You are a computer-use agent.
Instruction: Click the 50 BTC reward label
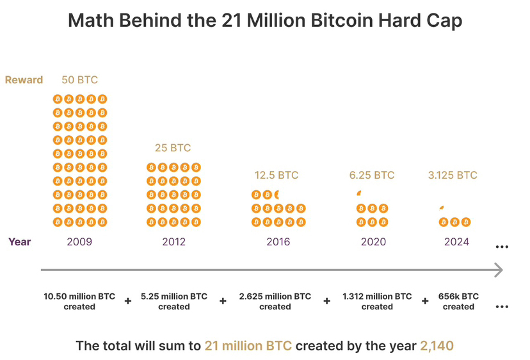[79, 80]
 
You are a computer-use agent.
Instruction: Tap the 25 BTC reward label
[173, 148]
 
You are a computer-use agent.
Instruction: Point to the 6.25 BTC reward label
[372, 175]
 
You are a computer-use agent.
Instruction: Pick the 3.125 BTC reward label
[453, 175]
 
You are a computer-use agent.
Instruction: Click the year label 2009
[79, 242]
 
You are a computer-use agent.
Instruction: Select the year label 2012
[173, 242]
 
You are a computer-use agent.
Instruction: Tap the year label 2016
[278, 242]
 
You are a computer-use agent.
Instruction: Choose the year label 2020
[373, 242]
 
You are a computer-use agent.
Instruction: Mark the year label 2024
[456, 242]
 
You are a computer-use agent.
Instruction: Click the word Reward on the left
[24, 80]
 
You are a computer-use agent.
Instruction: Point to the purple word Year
[20, 242]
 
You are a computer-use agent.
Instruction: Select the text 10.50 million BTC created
[79, 302]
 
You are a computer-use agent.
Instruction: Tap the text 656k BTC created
[458, 302]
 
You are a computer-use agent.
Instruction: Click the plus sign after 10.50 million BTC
[128, 300]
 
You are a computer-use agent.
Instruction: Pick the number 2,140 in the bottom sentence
[437, 346]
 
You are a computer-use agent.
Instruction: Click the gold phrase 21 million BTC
[248, 346]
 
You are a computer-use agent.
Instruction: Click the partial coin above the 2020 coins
[360, 193]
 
